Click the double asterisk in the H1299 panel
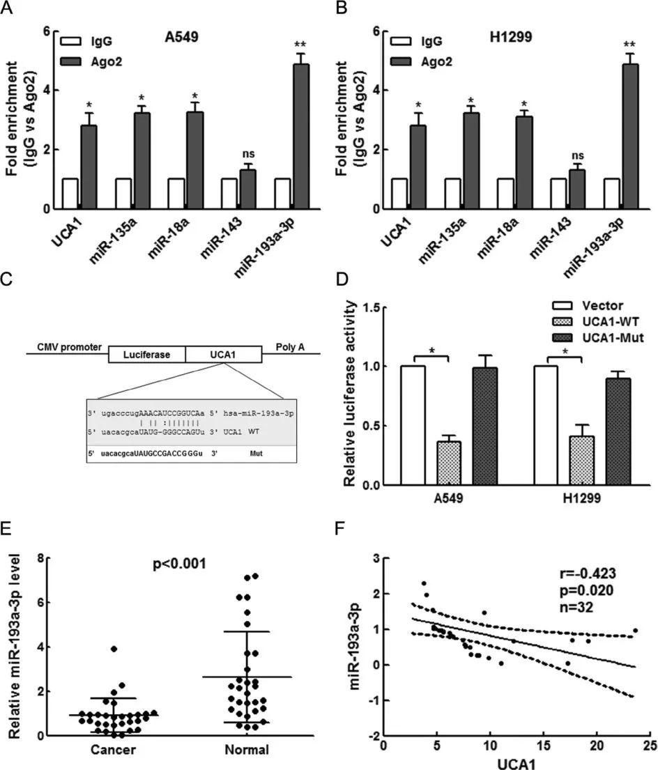(x=629, y=45)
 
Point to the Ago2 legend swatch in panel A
(x=72, y=62)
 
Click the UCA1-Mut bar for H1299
(x=622, y=431)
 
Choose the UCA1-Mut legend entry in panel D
(x=602, y=338)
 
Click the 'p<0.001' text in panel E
(x=179, y=563)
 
